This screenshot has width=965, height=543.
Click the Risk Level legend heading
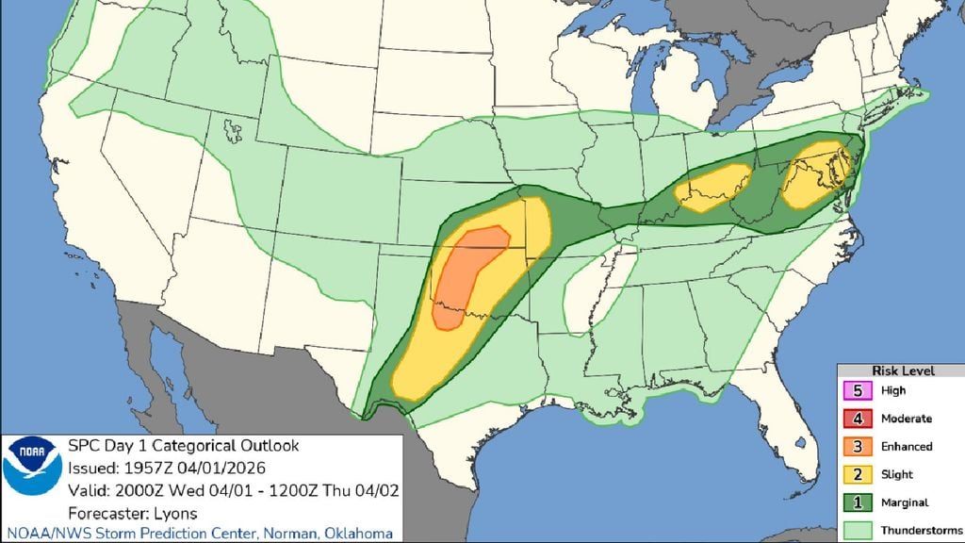[902, 371]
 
